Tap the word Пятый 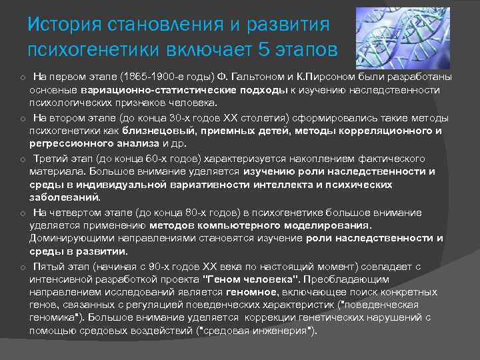point(50,266)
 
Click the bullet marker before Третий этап point(22,159)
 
